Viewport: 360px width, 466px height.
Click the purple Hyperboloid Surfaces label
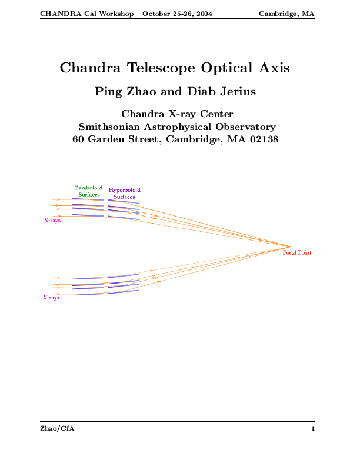(x=124, y=194)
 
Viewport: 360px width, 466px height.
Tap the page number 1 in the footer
(x=312, y=429)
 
